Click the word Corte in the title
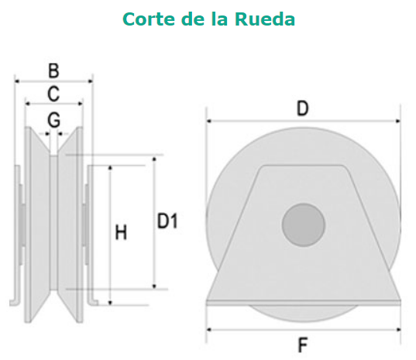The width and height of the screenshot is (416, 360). [x=149, y=19]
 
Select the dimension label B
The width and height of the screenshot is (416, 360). [x=53, y=70]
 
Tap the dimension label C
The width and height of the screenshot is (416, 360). [x=53, y=94]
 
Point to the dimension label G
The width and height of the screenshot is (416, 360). [x=54, y=120]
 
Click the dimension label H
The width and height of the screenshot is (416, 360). [x=121, y=232]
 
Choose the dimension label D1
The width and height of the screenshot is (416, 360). [x=167, y=221]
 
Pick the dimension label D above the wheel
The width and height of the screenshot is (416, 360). [x=303, y=108]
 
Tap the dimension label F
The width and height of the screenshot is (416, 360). [x=303, y=345]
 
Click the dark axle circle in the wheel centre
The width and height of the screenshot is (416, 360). [x=304, y=225]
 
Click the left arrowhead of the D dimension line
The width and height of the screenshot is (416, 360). [x=209, y=121]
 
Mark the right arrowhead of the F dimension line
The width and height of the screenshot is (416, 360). [x=398, y=330]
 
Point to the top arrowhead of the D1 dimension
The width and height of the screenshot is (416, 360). [x=154, y=159]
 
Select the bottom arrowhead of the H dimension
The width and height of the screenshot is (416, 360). [x=110, y=303]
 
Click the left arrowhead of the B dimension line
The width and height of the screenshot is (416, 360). [x=17, y=81]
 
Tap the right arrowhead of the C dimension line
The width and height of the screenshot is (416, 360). [x=80, y=104]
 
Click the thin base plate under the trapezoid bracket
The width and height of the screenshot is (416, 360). [x=304, y=303]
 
